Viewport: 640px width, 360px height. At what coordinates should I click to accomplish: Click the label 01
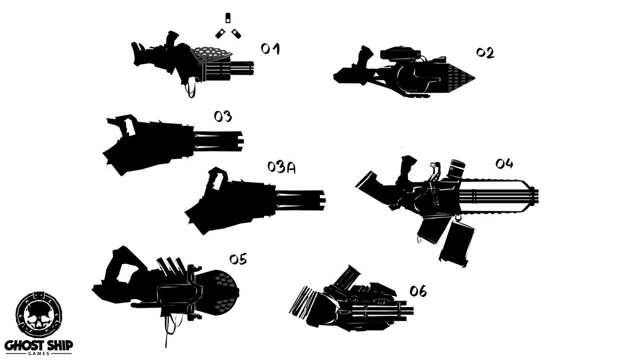[x=270, y=49]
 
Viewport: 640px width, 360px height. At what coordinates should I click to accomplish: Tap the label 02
[x=485, y=53]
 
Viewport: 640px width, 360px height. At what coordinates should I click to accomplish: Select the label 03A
[x=282, y=168]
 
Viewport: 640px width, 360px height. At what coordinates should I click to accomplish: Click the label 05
[x=238, y=259]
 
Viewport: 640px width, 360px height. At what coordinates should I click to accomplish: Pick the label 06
[x=418, y=291]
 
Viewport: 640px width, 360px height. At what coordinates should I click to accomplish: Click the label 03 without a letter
[x=222, y=116]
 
